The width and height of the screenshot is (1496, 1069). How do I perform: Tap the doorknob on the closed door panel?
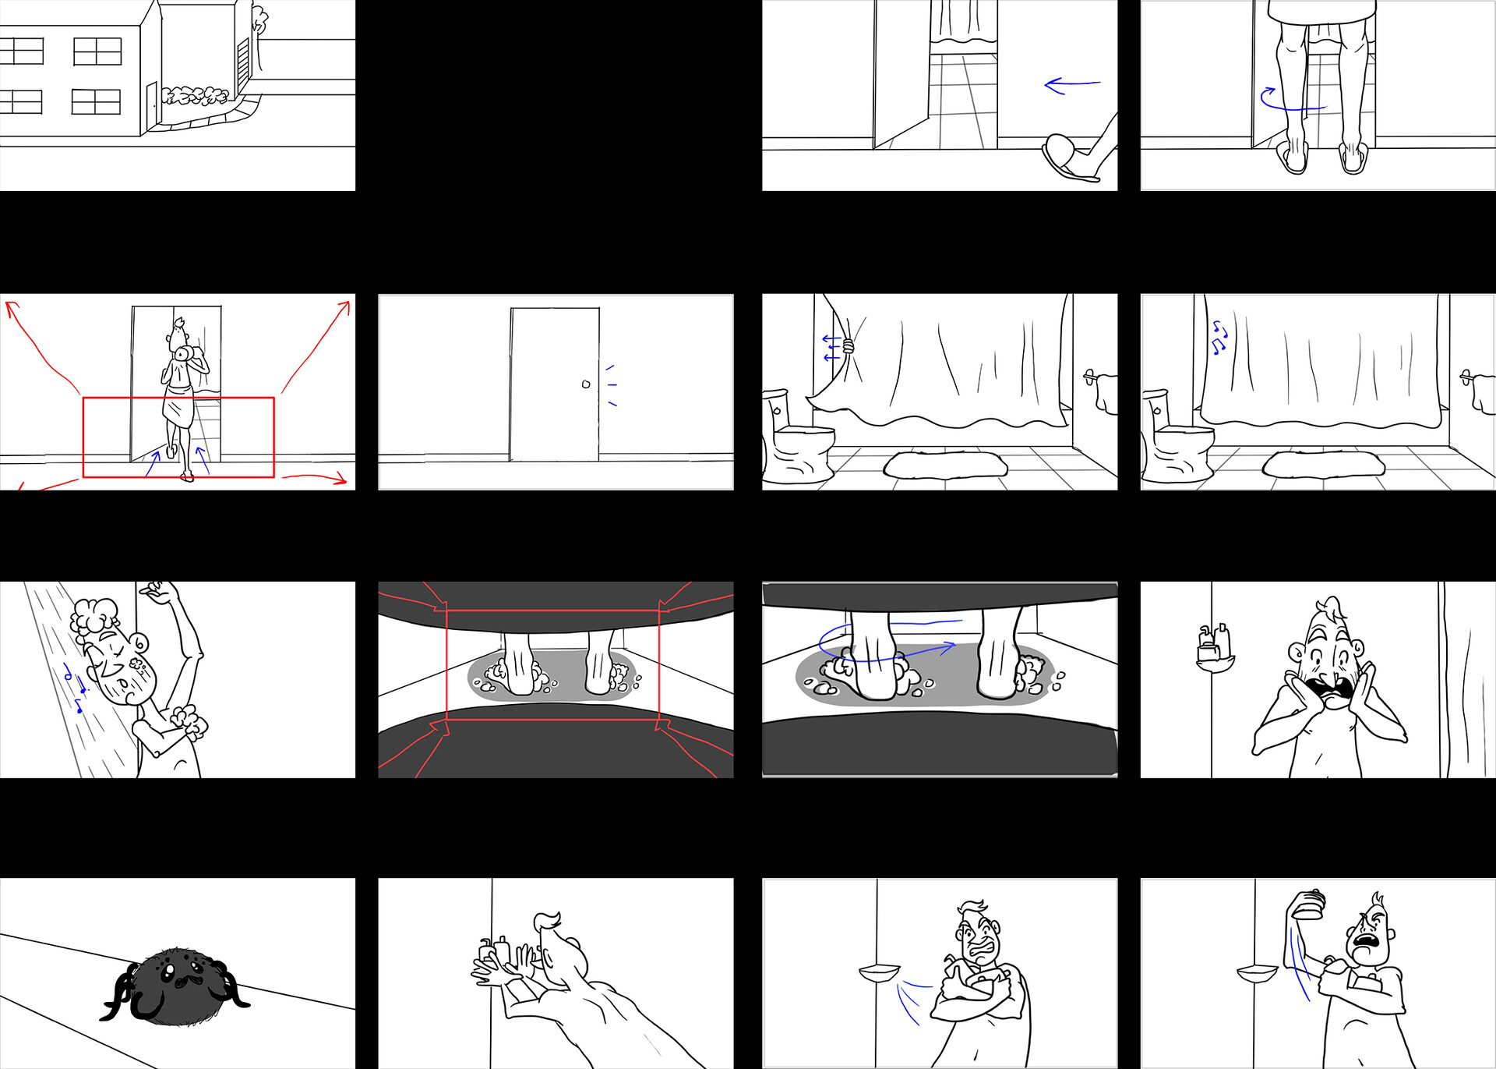(x=586, y=384)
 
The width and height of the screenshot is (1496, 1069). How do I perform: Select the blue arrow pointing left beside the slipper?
(x=1071, y=84)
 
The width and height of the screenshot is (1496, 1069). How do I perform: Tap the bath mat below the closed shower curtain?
(x=1323, y=465)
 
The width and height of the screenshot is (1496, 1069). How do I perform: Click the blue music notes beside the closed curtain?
(x=1219, y=337)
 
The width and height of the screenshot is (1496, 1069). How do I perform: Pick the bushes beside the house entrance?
(x=195, y=96)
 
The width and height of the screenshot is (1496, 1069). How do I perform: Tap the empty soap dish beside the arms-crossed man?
(x=879, y=973)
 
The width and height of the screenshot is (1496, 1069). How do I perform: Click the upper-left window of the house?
(x=21, y=51)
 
